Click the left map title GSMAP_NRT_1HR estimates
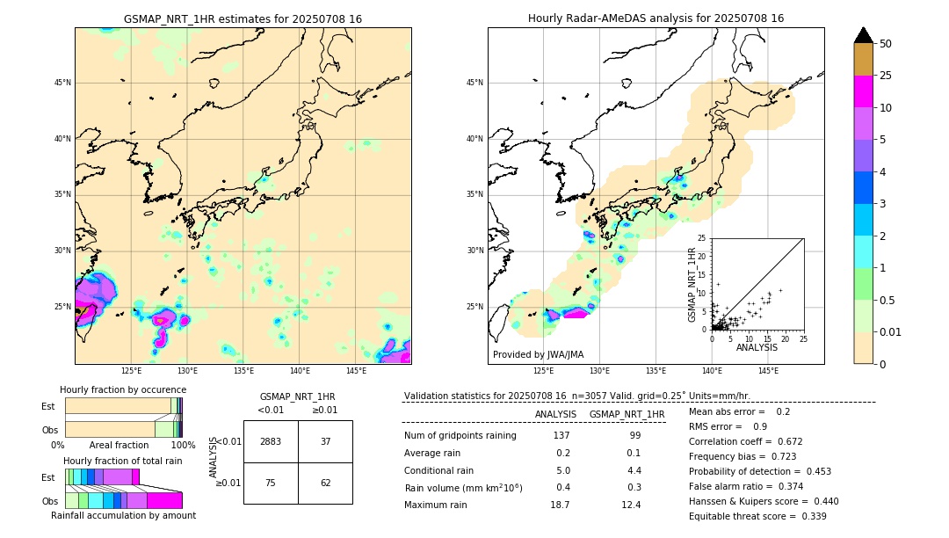[243, 18]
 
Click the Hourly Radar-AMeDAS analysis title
[656, 18]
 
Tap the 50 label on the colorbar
[886, 44]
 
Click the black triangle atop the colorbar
[864, 35]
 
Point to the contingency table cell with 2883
[271, 441]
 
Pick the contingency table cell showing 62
[325, 483]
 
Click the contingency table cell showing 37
[325, 441]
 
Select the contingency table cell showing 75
[271, 483]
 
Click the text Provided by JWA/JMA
[538, 354]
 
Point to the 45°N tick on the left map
[62, 83]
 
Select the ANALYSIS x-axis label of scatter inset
[757, 346]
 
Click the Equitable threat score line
[757, 516]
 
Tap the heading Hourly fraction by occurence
[123, 389]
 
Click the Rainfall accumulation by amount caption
[123, 515]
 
